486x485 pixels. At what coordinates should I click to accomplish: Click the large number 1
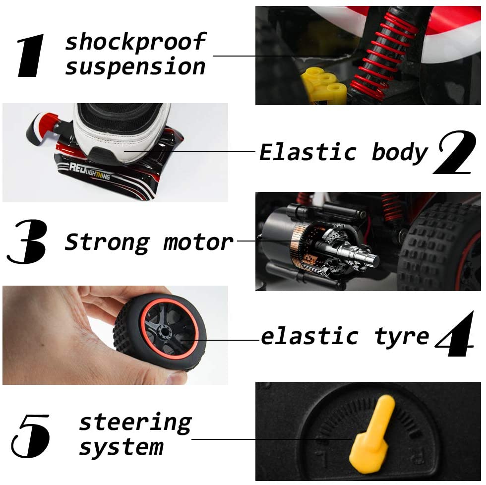(x=31, y=55)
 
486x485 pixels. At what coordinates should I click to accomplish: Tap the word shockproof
(x=135, y=42)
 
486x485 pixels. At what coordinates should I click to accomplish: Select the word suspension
(x=135, y=67)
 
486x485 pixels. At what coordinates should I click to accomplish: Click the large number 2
(x=455, y=152)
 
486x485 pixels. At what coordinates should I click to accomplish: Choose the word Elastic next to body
(x=308, y=152)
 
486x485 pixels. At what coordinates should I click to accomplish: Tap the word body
(x=400, y=152)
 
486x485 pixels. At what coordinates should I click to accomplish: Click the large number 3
(x=27, y=242)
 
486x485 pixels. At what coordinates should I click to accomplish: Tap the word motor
(x=198, y=242)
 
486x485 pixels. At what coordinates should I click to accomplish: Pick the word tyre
(x=402, y=337)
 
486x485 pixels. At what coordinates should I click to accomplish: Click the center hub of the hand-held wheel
(x=164, y=332)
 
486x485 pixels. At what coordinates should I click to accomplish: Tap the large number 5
(x=30, y=436)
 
